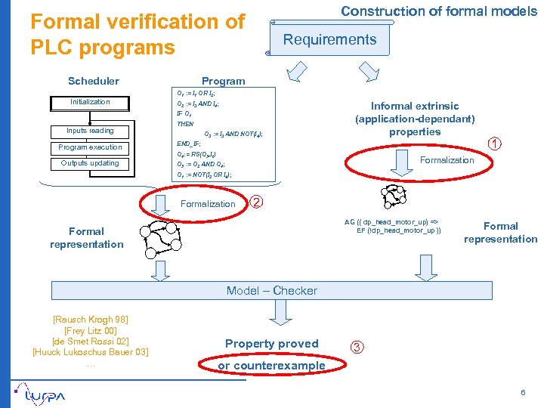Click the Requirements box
point(329,40)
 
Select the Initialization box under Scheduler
point(90,102)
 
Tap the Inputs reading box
point(90,131)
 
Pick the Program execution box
point(90,147)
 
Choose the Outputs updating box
point(90,163)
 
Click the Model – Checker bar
point(272,290)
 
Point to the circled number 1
point(493,144)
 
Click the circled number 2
point(257,202)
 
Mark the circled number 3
point(357,347)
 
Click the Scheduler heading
point(93,81)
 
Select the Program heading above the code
point(223,81)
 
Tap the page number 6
point(522,393)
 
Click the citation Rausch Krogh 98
point(90,320)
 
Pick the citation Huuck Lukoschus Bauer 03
point(90,352)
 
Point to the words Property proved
point(272,344)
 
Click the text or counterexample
point(271,366)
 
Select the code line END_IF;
point(190,143)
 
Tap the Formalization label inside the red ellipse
point(447,160)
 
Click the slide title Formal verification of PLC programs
point(138,35)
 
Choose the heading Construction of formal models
point(439,11)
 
